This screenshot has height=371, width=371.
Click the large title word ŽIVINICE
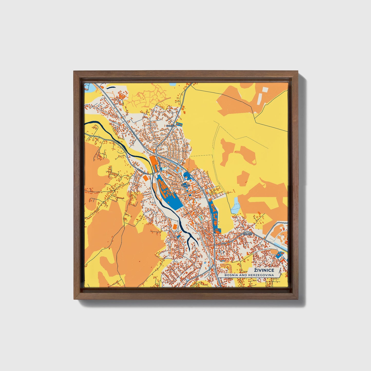264,270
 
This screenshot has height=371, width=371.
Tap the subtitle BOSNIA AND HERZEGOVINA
249,275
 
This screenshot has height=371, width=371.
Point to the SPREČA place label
170,126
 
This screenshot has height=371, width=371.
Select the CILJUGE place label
247,234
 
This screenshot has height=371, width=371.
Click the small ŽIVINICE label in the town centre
185,185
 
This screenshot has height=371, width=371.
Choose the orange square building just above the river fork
174,226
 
